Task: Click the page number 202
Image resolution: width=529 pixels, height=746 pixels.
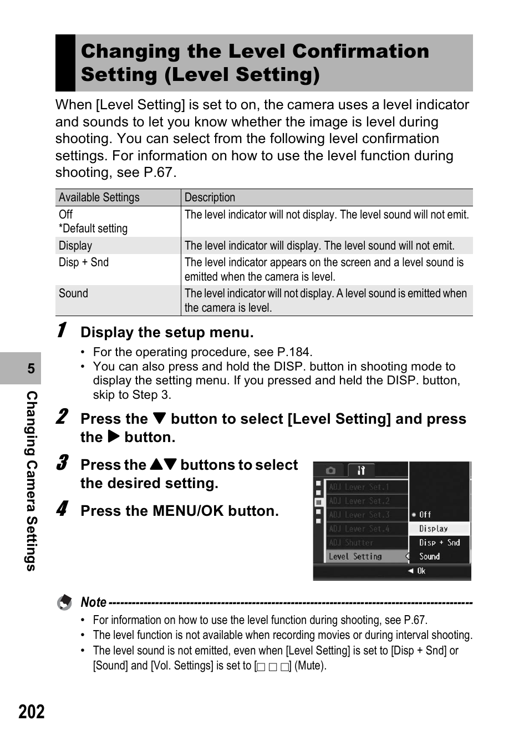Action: point(32,712)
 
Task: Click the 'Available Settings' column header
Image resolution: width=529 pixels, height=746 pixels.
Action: point(99,197)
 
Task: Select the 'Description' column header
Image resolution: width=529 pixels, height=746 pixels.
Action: point(210,197)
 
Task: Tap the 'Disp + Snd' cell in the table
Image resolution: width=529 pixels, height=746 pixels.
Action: point(84,262)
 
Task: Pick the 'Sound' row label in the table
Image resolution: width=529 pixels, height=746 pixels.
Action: point(73,293)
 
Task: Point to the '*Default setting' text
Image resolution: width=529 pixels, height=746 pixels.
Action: point(93,229)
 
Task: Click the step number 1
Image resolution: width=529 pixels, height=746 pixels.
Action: point(63,330)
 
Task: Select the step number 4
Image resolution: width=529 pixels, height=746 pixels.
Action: point(63,509)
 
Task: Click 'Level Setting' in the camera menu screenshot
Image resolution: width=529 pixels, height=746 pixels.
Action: point(355,556)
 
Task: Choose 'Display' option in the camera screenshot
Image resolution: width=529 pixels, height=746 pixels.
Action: point(434,529)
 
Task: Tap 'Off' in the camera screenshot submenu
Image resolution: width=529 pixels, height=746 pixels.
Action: point(425,515)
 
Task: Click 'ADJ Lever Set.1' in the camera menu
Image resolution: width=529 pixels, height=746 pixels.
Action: point(359,487)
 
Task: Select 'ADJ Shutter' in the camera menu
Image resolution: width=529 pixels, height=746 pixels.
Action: point(351,542)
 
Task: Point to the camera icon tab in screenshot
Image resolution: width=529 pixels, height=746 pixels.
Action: point(330,470)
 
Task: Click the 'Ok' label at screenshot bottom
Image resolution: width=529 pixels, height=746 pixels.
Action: point(421,571)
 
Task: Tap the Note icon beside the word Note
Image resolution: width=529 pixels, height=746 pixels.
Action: point(65,602)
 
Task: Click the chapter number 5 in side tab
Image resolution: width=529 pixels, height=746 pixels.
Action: point(31,369)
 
